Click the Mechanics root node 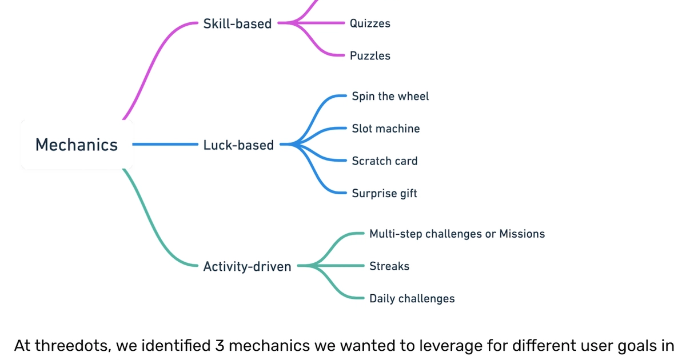pos(77,145)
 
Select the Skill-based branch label pos(237,23)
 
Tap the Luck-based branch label pos(238,145)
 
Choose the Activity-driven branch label pos(247,266)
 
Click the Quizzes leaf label pos(370,23)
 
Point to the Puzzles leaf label pos(370,56)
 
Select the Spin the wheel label pos(390,97)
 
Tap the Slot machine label pos(385,129)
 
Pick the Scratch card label pos(384,161)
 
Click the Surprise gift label pos(384,194)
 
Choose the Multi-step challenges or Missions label pos(457,234)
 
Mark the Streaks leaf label pos(389,266)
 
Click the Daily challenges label pos(412,299)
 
